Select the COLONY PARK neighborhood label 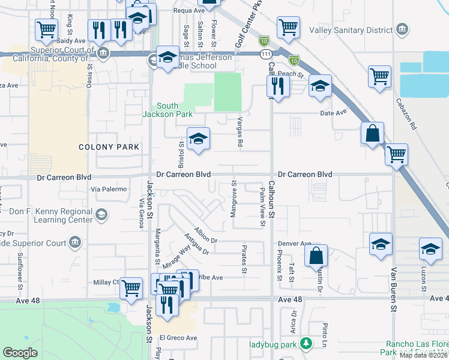point(109,147)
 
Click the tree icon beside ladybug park point(307,344)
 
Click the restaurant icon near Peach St point(276,85)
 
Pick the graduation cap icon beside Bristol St point(197,139)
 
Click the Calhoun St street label point(271,199)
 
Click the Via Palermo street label point(109,189)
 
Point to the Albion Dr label point(205,234)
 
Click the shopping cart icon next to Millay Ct point(131,287)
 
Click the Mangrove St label point(234,200)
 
